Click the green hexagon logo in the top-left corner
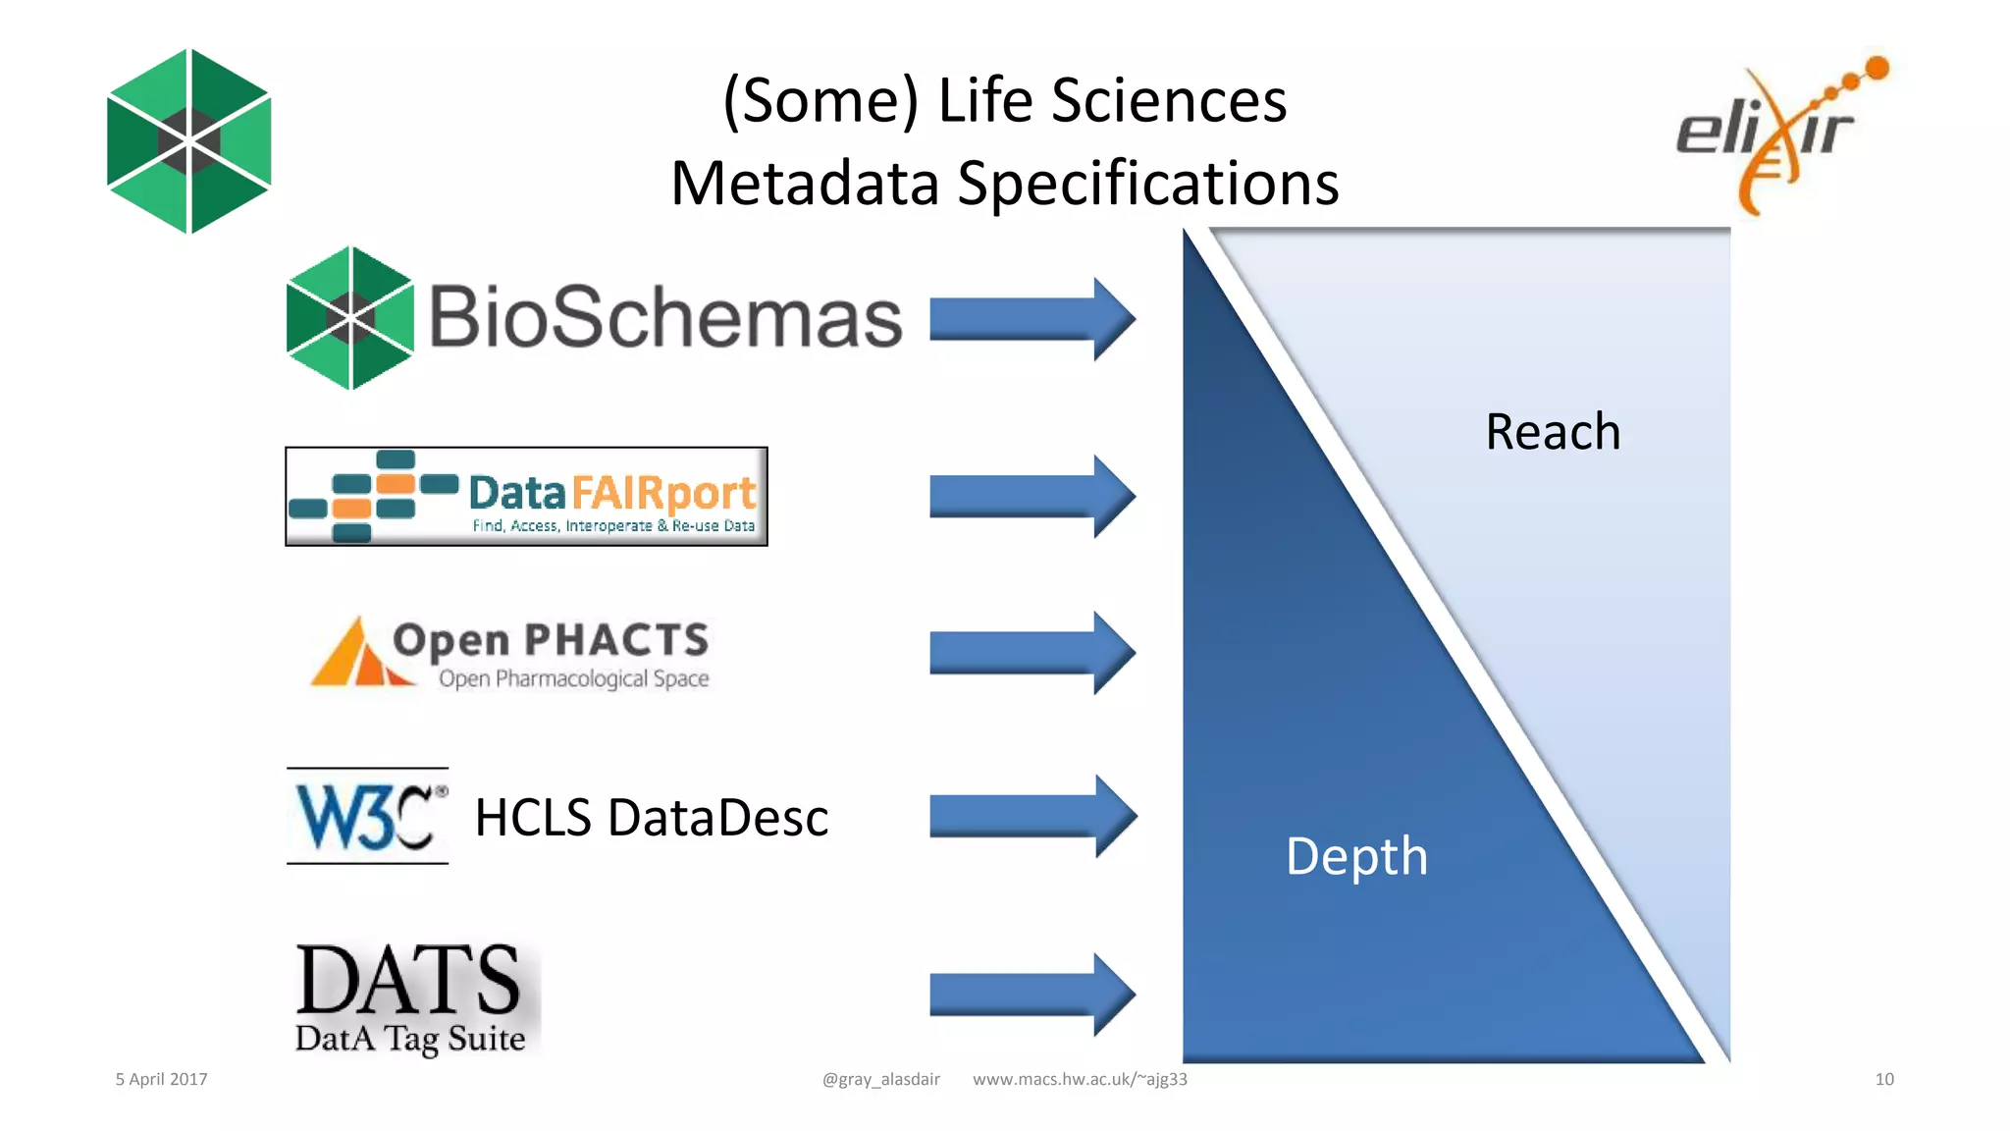[x=188, y=141]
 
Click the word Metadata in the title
[x=805, y=184]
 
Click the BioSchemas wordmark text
[x=664, y=318]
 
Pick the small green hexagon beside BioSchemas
[x=349, y=318]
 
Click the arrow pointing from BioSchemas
[x=1031, y=319]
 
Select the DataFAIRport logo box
[x=526, y=497]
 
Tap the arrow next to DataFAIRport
[x=1031, y=497]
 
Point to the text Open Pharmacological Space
[x=573, y=678]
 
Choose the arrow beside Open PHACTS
[x=1031, y=653]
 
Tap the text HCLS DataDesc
[x=651, y=818]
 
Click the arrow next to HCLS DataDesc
[x=1031, y=816]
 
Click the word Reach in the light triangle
[x=1552, y=432]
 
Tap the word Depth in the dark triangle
[x=1356, y=856]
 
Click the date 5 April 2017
[x=162, y=1079]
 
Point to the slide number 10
[x=1883, y=1079]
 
